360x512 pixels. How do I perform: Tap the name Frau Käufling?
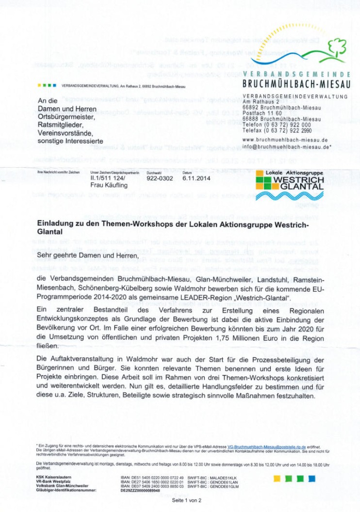coord(109,184)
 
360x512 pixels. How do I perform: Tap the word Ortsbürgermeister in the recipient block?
coord(67,117)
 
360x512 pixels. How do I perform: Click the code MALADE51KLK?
coord(225,477)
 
